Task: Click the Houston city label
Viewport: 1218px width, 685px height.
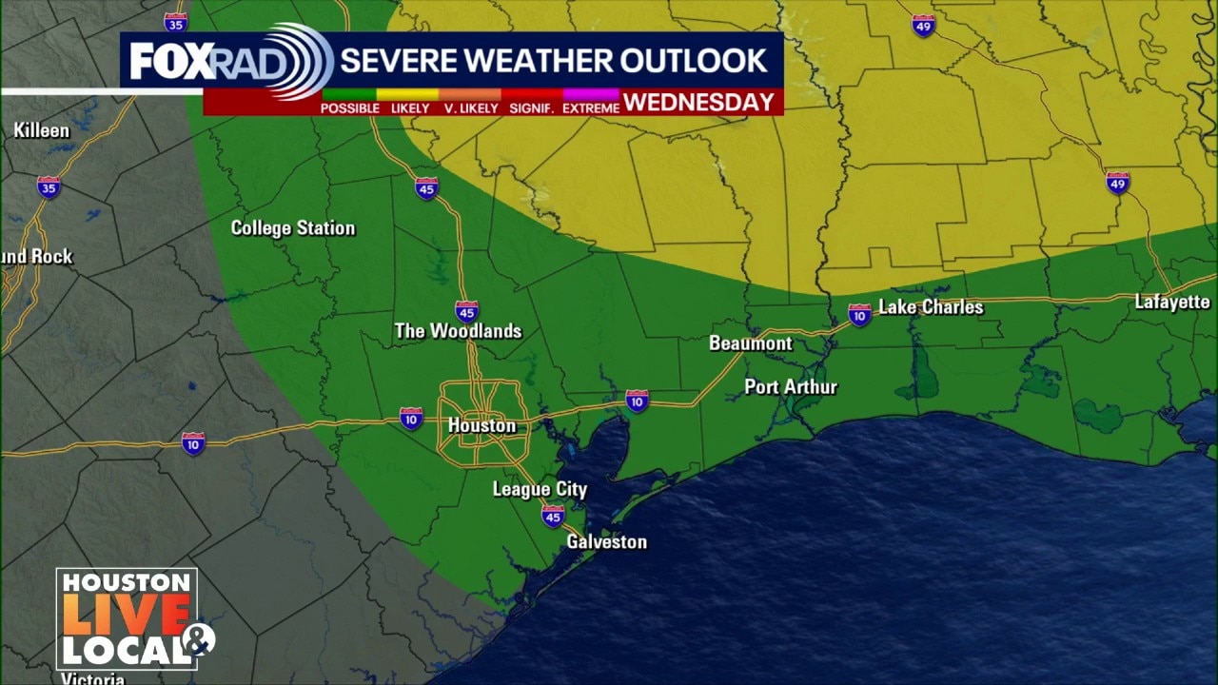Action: (x=481, y=425)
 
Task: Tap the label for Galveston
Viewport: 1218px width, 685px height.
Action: (x=606, y=541)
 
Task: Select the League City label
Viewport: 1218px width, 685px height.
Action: (x=540, y=489)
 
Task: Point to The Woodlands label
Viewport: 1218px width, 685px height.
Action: (x=458, y=331)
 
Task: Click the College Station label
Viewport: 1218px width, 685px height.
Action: (x=293, y=228)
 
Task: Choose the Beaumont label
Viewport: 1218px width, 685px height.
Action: (x=750, y=342)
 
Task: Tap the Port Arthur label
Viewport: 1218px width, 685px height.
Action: (x=790, y=386)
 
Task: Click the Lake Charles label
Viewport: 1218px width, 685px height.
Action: (x=930, y=306)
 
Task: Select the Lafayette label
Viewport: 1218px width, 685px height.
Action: (x=1171, y=303)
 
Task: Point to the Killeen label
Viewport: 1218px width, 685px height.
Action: (x=41, y=130)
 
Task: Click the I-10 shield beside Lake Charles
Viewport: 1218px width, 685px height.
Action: (x=859, y=314)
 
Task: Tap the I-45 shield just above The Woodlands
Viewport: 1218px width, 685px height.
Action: (x=466, y=311)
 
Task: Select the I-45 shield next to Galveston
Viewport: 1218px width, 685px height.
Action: (x=553, y=516)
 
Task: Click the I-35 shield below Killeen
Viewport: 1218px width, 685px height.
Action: (x=49, y=186)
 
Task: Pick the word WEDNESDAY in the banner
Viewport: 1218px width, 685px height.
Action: (x=699, y=103)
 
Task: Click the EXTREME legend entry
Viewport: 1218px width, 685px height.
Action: (x=590, y=108)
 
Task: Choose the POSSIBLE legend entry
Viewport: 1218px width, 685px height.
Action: (x=349, y=108)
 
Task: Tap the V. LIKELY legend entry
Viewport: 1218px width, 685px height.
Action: (x=471, y=108)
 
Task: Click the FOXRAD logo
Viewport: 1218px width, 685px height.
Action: (x=228, y=61)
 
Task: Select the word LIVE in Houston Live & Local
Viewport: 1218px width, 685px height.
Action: (x=126, y=616)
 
